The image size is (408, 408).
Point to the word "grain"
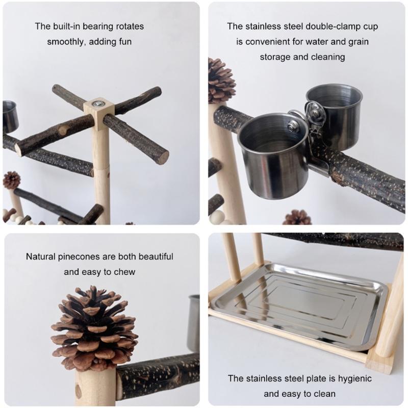[x=357, y=41]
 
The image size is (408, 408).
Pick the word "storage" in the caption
[x=275, y=57]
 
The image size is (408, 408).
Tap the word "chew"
[x=125, y=272]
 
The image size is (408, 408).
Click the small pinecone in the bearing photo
[x=11, y=180]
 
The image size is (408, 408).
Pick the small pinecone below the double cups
[x=297, y=218]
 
